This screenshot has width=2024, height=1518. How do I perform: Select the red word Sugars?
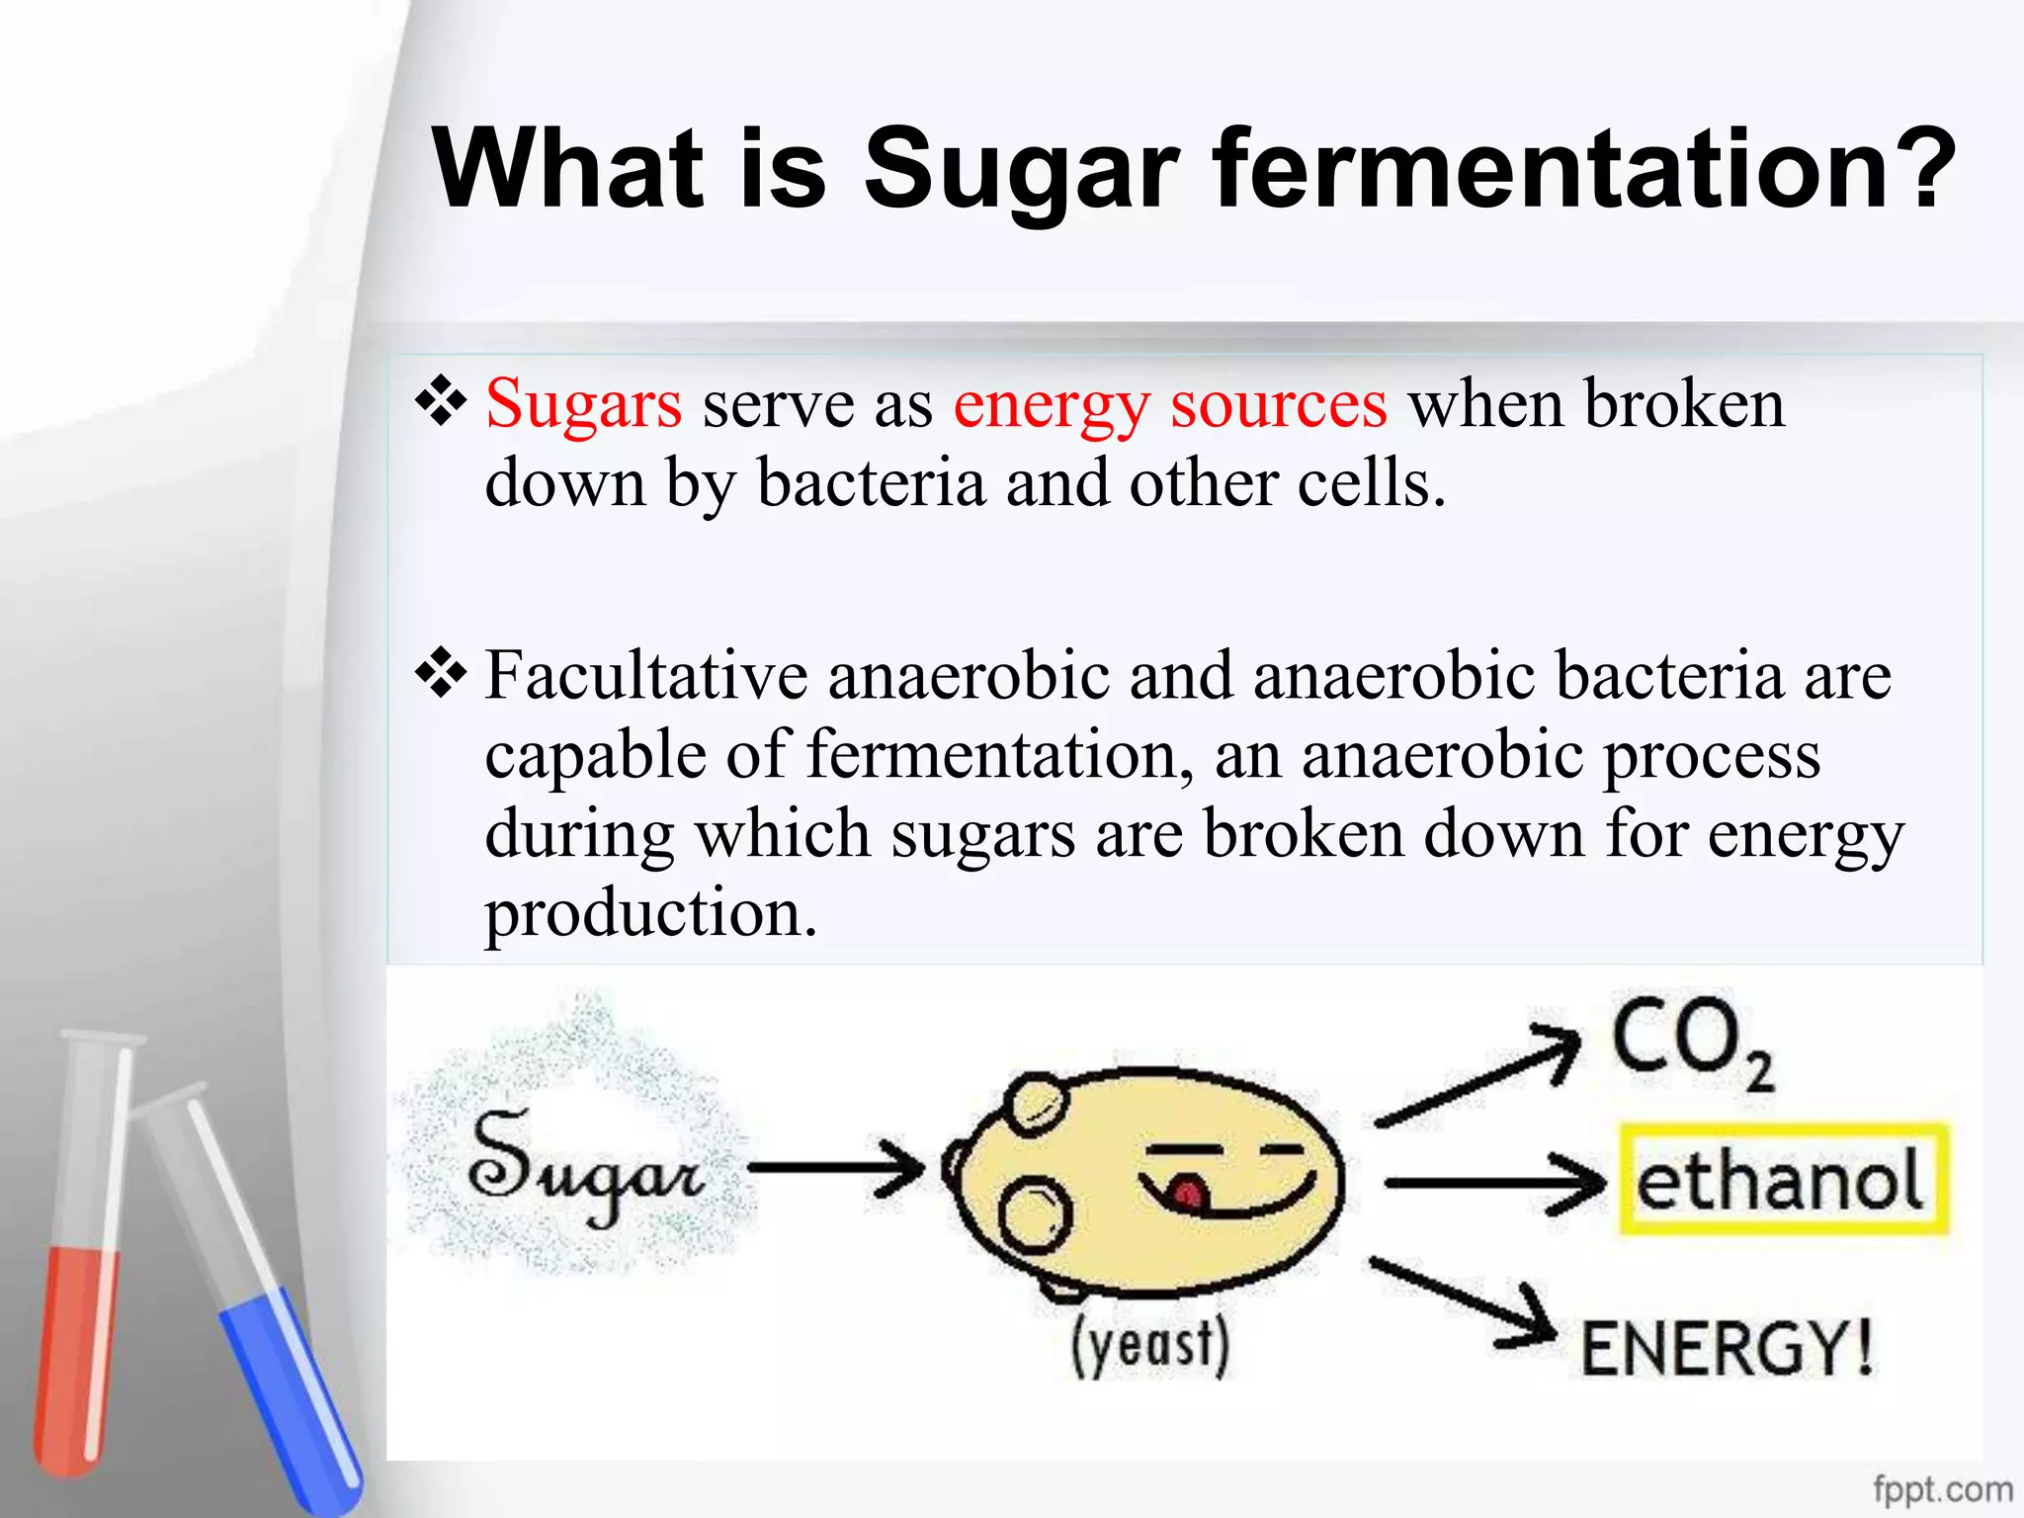[583, 404]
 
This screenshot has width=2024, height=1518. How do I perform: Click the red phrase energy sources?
[1170, 404]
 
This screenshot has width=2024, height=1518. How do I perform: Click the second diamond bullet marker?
[441, 674]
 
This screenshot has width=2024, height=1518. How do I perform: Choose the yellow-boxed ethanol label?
[1782, 1179]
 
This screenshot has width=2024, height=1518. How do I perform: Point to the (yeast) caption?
[1151, 1346]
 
